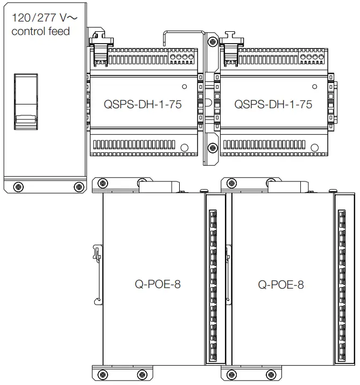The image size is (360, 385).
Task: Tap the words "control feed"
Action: coord(40,31)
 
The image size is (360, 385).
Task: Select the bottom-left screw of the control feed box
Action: coord(19,186)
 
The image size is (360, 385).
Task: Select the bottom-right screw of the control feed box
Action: coord(79,186)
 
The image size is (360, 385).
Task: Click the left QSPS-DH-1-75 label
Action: coord(143,104)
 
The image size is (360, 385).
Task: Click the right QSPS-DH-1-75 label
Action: coord(273,104)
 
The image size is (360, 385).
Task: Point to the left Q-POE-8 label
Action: coord(157,284)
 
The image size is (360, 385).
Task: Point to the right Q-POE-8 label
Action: coord(280,284)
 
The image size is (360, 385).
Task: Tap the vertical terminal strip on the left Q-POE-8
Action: coord(213,285)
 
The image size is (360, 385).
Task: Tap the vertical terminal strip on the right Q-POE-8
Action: coord(342,285)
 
